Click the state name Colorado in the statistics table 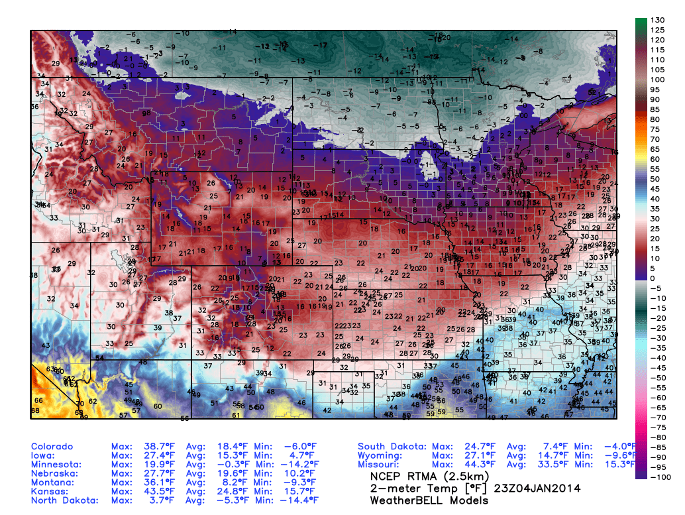tap(52, 447)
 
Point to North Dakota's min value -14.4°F tap(294, 500)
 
